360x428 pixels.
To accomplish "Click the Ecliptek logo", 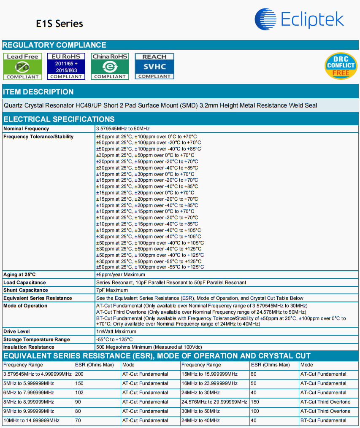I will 299,19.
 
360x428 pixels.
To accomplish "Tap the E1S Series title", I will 60,23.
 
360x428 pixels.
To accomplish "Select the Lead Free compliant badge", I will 23,66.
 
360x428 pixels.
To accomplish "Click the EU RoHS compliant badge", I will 66,66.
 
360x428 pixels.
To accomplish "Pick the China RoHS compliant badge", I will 110,66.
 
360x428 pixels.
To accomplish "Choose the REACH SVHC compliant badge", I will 154,66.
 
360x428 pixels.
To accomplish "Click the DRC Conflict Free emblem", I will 341,66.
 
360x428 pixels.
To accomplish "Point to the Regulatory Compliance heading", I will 54,45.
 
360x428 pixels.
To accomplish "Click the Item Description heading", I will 38,92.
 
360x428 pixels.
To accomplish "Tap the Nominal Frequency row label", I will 26,129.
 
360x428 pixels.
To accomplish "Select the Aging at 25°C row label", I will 19,275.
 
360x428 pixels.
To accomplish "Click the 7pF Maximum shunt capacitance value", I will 112,290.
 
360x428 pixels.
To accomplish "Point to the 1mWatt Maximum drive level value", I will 116,331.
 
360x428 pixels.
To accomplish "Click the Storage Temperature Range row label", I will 37,339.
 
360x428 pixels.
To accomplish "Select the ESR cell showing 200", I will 79,374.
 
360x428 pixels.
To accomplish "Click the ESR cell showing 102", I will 79,393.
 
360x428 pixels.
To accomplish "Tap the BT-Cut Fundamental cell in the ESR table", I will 323,420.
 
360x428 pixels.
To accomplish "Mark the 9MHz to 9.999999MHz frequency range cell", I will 28,411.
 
